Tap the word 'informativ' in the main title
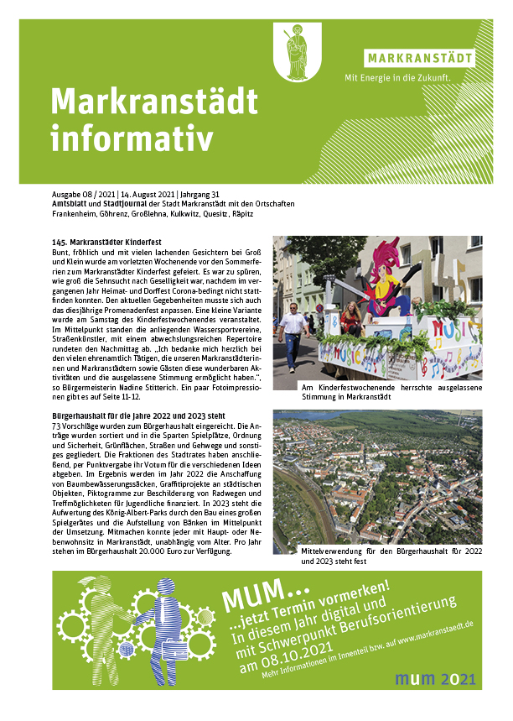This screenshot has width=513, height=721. coord(132,138)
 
